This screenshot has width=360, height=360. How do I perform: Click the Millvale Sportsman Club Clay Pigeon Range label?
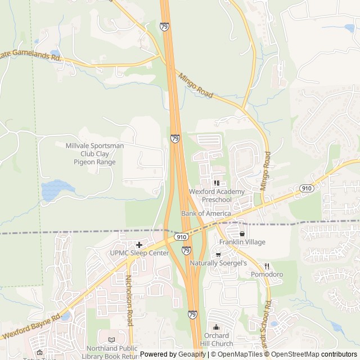[x=94, y=154]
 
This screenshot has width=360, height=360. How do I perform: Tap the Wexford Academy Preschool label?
[x=217, y=195]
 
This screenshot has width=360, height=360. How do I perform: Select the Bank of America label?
[x=206, y=214]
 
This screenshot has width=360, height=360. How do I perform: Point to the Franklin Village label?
[x=242, y=242]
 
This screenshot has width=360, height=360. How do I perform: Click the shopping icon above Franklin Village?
[x=242, y=233]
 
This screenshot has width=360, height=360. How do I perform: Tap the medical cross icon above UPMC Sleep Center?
[x=139, y=245]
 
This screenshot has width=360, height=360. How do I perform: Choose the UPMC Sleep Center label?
[x=139, y=253]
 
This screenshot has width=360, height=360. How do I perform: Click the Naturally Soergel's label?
[x=219, y=263]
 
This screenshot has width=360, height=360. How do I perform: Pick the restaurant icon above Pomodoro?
[x=267, y=266]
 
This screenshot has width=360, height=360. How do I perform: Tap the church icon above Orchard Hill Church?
[x=216, y=327]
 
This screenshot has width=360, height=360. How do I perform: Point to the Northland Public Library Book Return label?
[x=110, y=352]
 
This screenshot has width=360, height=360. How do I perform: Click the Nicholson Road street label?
[x=129, y=301]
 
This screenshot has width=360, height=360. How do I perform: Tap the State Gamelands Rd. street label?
[x=31, y=55]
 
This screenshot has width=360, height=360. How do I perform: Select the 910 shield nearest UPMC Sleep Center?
[x=181, y=237]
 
